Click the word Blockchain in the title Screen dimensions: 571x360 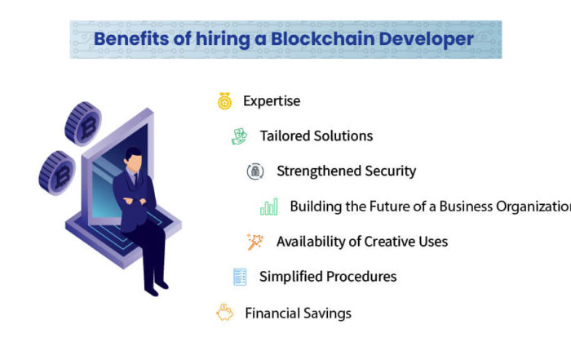coord(323,38)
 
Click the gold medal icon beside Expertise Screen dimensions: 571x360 coord(224,101)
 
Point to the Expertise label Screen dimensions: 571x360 coord(272,101)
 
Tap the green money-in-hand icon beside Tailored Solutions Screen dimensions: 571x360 coord(239,136)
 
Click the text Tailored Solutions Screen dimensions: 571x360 coord(316,136)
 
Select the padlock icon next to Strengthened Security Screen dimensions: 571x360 coord(255,171)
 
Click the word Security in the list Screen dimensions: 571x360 coord(391,171)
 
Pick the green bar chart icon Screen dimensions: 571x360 coord(269,207)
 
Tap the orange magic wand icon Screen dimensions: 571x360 coord(255,242)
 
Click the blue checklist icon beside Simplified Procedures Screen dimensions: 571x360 coord(240,277)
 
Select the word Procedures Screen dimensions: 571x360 coord(361,277)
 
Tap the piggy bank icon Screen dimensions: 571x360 coord(224,313)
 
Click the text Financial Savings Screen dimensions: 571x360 coord(298,313)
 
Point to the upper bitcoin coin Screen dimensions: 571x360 coord(83,123)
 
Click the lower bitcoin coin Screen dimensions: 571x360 coord(57,173)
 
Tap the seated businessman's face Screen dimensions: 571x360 coord(134,162)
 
